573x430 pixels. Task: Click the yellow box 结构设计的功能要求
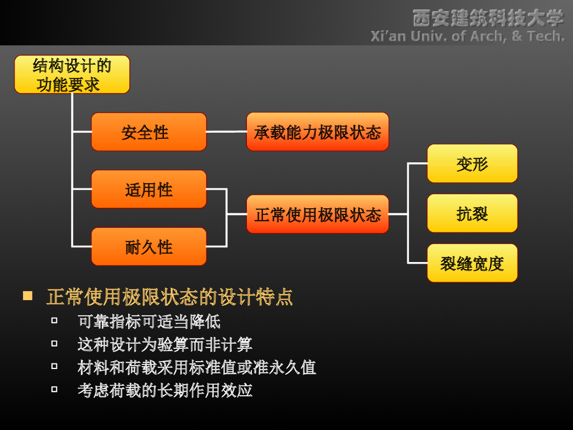click(72, 74)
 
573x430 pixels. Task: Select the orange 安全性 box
click(149, 132)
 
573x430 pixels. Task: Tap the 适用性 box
click(149, 189)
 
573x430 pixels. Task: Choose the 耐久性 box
click(149, 246)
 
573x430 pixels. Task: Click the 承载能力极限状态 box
click(317, 132)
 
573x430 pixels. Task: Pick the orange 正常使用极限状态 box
click(317, 214)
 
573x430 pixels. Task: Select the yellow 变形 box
click(472, 163)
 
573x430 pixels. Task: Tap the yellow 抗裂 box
click(472, 213)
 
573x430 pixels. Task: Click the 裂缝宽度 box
click(472, 263)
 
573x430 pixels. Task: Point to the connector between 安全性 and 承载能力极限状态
click(226, 132)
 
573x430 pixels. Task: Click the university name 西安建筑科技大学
click(488, 18)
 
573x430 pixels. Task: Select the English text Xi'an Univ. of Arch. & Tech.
click(467, 36)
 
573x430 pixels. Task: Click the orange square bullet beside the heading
click(27, 296)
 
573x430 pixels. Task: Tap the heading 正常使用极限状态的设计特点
click(170, 297)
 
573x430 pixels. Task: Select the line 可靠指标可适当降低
click(149, 321)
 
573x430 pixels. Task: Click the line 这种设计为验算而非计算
click(165, 344)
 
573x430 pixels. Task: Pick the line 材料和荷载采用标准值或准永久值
click(196, 367)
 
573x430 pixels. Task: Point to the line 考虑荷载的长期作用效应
click(165, 390)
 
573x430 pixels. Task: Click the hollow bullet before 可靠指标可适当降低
click(54, 321)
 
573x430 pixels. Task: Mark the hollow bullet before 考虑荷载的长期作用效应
click(54, 389)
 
